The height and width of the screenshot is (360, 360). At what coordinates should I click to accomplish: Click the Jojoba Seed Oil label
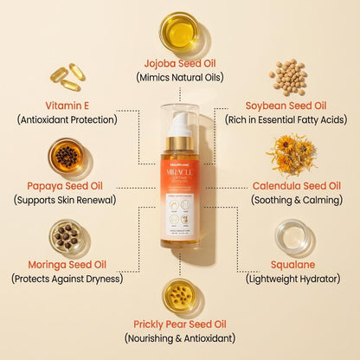[x=180, y=63]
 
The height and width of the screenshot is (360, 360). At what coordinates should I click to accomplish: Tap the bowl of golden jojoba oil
[x=180, y=29]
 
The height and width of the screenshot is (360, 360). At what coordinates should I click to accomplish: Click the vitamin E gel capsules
[x=65, y=78]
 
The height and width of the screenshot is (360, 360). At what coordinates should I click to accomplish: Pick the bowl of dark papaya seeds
[x=65, y=156]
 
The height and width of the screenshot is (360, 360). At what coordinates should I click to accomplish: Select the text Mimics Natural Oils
[x=180, y=77]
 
